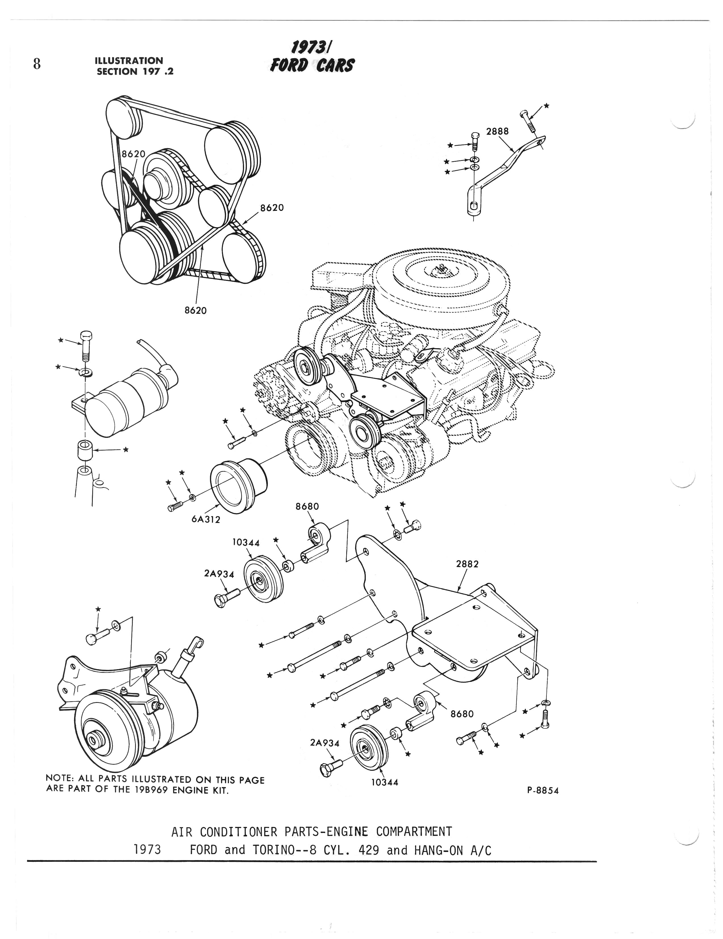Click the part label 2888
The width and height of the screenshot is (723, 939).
[x=497, y=131]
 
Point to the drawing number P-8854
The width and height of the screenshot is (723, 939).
[x=543, y=791]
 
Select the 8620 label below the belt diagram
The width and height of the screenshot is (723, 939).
[x=196, y=310]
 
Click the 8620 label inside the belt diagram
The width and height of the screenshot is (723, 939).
[x=133, y=154]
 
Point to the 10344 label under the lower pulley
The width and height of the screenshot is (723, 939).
[x=385, y=783]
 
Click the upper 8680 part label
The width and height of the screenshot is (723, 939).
[x=307, y=507]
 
